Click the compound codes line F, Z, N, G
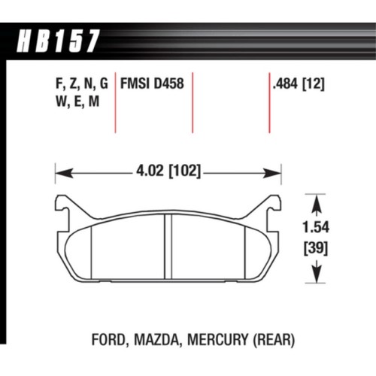coord(80,85)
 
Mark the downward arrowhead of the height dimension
coord(315,278)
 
